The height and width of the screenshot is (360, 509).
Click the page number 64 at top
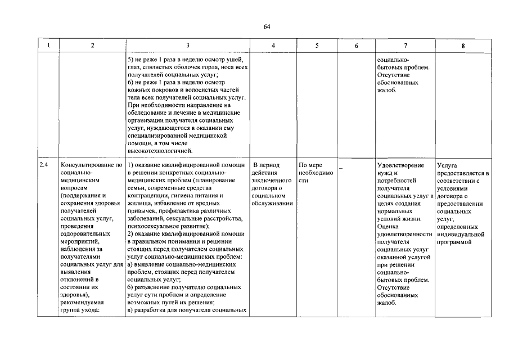[x=267, y=27]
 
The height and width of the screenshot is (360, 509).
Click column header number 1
[x=49, y=46]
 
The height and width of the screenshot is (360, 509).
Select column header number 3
[x=187, y=46]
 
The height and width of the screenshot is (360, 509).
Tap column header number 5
[x=317, y=46]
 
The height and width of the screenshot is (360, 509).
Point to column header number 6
[x=357, y=46]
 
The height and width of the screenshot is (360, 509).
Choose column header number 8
[x=463, y=46]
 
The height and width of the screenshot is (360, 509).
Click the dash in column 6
[x=340, y=166]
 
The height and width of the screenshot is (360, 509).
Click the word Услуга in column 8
[x=447, y=165]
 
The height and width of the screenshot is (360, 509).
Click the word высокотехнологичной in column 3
[x=160, y=150]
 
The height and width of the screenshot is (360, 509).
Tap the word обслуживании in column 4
[x=273, y=203]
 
